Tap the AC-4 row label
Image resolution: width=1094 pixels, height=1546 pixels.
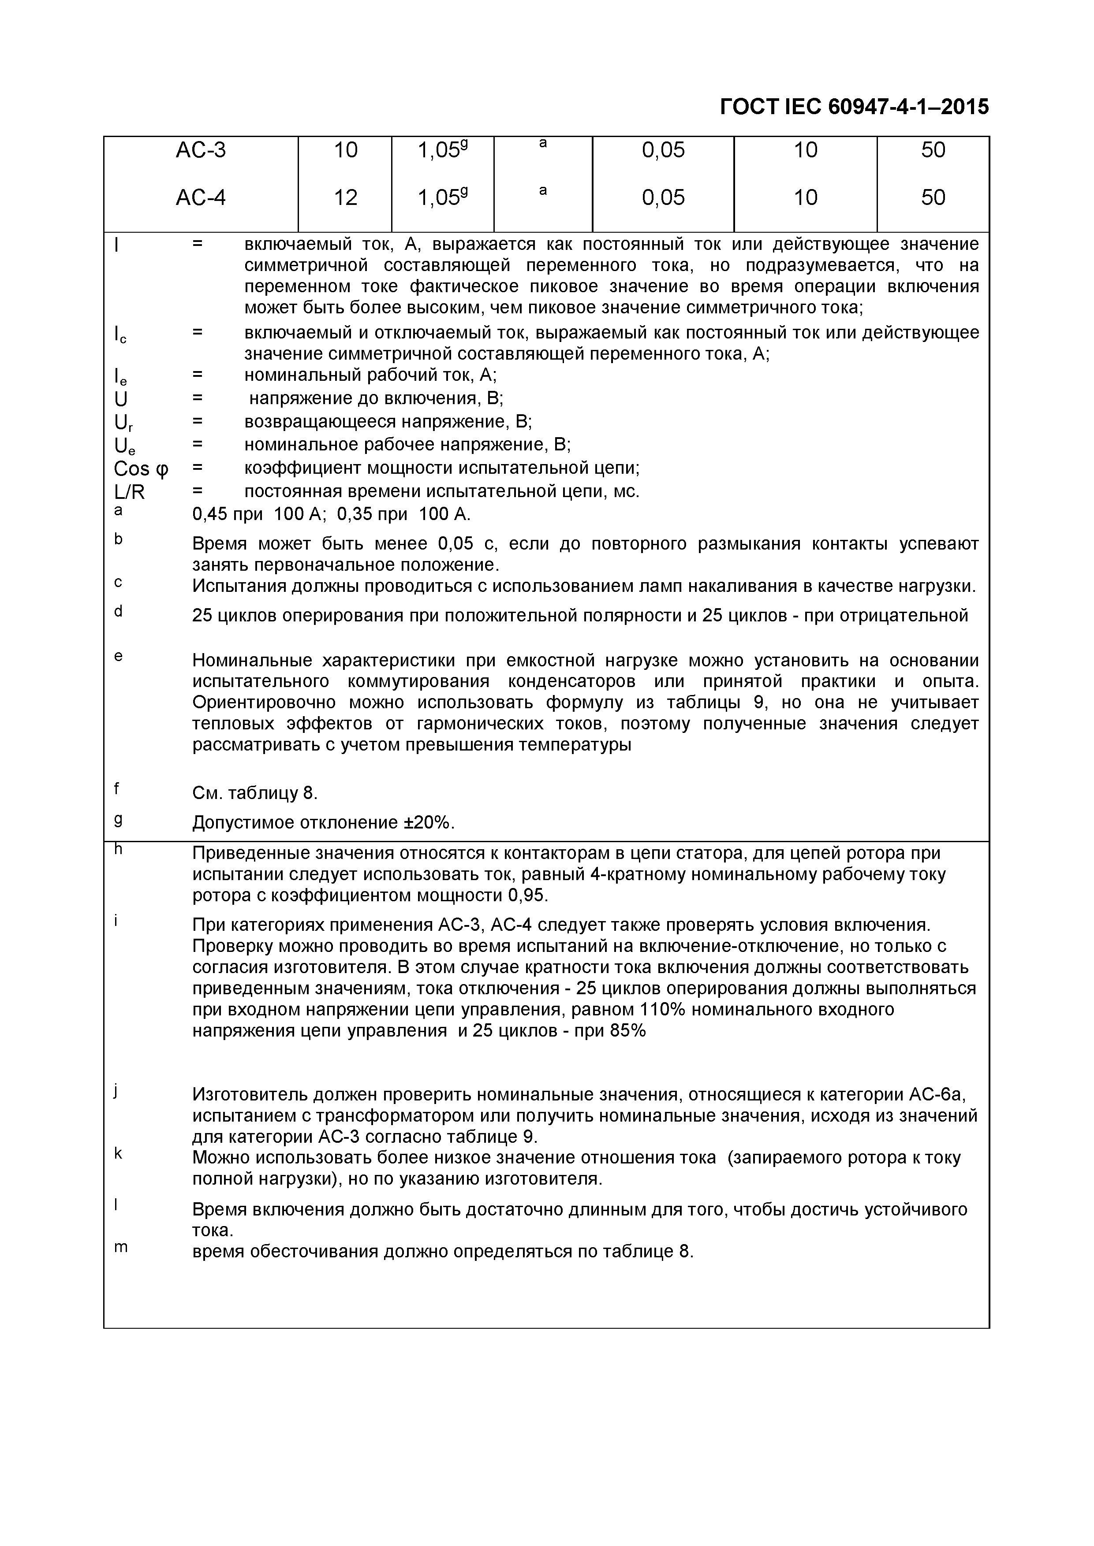[201, 198]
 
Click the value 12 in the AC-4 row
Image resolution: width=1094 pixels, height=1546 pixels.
[346, 198]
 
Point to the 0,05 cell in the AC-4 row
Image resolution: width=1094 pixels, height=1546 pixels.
[663, 198]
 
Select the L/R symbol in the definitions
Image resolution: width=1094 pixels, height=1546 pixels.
[130, 492]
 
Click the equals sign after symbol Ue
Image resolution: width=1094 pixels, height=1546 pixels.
[198, 444]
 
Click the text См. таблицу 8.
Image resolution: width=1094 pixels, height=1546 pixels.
[254, 793]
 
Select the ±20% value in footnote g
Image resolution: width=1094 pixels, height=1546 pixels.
[429, 823]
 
